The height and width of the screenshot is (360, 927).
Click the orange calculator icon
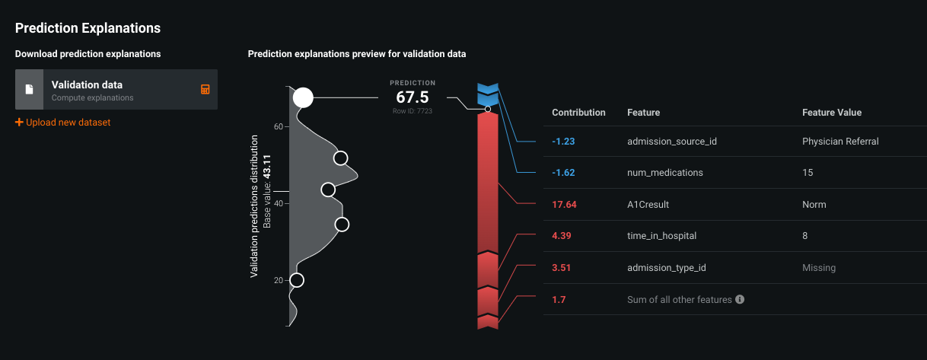point(205,90)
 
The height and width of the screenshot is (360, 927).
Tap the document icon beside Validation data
point(30,90)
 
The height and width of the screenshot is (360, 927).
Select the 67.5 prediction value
point(413,97)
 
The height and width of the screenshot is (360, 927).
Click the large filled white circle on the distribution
point(303,97)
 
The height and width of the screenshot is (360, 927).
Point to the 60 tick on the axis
point(279,126)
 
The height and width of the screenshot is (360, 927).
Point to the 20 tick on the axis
point(279,280)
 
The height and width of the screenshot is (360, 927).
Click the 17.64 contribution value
point(564,205)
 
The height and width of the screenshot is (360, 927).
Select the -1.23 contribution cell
point(563,142)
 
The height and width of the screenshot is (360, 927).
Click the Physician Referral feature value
point(840,142)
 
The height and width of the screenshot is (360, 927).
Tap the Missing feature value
point(818,268)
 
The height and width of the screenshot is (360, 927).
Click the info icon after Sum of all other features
point(740,300)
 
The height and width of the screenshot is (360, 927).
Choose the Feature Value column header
point(832,112)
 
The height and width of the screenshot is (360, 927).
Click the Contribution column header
point(578,112)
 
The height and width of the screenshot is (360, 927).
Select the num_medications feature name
point(664,173)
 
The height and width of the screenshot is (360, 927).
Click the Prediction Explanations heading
point(88,28)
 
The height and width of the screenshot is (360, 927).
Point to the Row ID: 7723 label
point(413,111)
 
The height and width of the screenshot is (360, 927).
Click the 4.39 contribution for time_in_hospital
point(561,236)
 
